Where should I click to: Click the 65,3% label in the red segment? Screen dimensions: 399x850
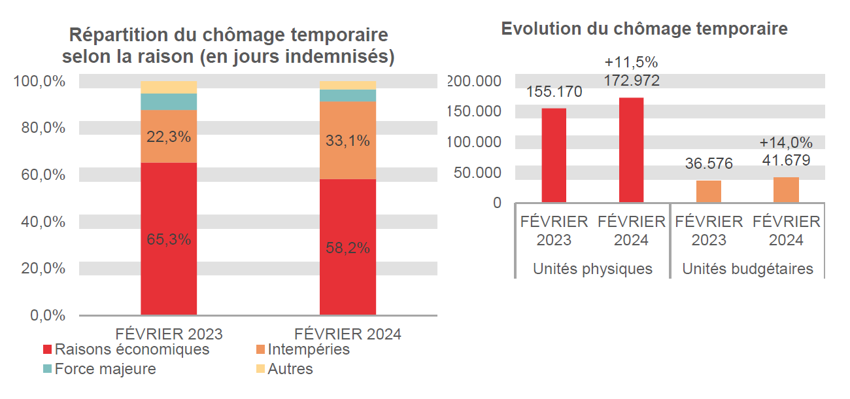[169, 239]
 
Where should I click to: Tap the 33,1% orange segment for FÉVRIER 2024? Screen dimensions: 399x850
[348, 141]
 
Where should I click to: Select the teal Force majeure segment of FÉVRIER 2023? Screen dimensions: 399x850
[169, 101]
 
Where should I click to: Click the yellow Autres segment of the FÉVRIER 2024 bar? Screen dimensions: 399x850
[348, 85]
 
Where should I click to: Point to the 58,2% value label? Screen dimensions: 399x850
[348, 248]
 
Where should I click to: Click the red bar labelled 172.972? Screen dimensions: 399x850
[632, 150]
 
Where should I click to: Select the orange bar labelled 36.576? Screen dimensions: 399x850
[709, 191]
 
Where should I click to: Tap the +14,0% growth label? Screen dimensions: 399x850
[786, 143]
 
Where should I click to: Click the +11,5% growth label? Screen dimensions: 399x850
[631, 63]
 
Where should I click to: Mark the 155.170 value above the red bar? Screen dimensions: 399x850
[554, 92]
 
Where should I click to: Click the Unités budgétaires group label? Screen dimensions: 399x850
[747, 269]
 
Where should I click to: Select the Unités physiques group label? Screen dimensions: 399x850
[592, 269]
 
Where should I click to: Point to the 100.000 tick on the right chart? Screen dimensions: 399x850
[475, 142]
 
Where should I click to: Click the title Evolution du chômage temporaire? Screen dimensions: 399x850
[644, 29]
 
